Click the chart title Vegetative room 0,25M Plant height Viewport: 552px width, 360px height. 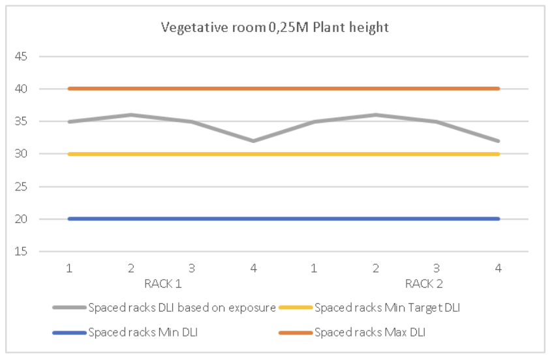pyautogui.click(x=276, y=27)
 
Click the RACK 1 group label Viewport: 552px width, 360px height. pyautogui.click(x=162, y=284)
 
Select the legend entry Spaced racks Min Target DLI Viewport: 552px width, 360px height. pyautogui.click(x=387, y=308)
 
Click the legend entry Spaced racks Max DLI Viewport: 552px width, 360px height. pyautogui.click(x=369, y=333)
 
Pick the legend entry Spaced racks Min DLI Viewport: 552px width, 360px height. pyautogui.click(x=142, y=333)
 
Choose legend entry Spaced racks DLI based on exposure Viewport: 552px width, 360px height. pyautogui.click(x=181, y=308)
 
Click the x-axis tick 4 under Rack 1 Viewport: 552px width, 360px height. pyautogui.click(x=253, y=268)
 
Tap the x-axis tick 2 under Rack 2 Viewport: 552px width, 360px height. pyautogui.click(x=376, y=268)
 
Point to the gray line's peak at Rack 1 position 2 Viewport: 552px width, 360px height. pyautogui.click(x=130, y=115)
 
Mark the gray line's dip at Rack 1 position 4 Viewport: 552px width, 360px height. pyautogui.click(x=253, y=141)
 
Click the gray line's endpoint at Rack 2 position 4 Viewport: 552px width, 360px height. pyautogui.click(x=498, y=141)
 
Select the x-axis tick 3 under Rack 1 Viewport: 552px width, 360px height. pyautogui.click(x=192, y=268)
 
